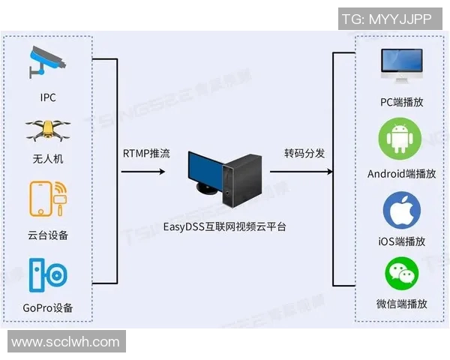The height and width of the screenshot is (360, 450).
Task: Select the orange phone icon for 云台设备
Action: [x=47, y=201]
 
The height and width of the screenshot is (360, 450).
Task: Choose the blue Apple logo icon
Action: [x=402, y=210]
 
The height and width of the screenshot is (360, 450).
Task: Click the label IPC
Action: [x=48, y=97]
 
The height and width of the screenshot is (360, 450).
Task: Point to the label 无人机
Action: [x=48, y=159]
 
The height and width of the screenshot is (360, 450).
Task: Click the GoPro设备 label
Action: [x=48, y=308]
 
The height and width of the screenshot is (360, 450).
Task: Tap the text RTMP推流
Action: [x=146, y=154]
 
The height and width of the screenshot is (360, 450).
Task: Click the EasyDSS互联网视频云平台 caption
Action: [x=225, y=226]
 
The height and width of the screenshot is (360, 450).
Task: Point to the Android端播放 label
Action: [x=401, y=173]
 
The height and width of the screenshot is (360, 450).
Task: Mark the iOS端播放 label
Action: [x=402, y=241]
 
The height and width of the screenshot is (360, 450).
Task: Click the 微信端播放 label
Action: [x=402, y=304]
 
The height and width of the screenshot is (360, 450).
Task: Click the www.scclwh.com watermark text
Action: [x=65, y=342]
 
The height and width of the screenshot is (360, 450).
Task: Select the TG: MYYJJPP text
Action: [x=386, y=19]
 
